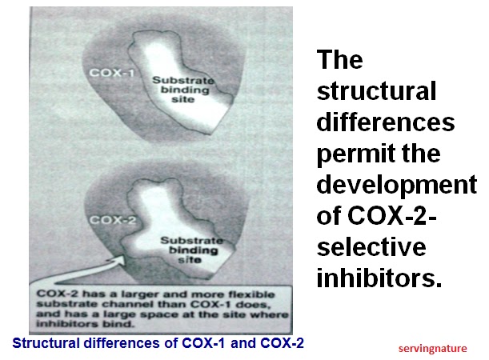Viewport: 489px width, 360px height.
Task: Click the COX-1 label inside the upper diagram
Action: (x=112, y=73)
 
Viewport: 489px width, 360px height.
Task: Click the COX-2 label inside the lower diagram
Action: (x=113, y=220)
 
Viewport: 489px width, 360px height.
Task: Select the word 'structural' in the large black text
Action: (x=376, y=90)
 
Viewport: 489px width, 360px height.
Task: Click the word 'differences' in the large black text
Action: (x=386, y=122)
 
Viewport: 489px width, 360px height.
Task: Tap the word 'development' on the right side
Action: (x=397, y=185)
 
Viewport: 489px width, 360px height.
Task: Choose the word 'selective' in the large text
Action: (x=371, y=247)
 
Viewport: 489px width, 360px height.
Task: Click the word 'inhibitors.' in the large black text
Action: (x=379, y=278)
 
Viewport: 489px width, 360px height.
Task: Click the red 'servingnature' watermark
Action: (x=432, y=349)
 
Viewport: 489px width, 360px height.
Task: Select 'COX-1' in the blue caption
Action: (x=203, y=343)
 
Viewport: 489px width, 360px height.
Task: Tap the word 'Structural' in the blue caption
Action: (x=46, y=343)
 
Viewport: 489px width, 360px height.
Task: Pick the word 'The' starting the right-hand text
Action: (x=340, y=59)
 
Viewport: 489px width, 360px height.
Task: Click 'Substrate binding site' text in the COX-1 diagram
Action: (x=183, y=90)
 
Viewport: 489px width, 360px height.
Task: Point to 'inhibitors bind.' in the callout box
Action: (x=86, y=324)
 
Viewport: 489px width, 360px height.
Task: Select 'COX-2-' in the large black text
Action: (x=392, y=216)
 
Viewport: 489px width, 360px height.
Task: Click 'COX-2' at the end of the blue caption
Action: (x=282, y=343)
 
